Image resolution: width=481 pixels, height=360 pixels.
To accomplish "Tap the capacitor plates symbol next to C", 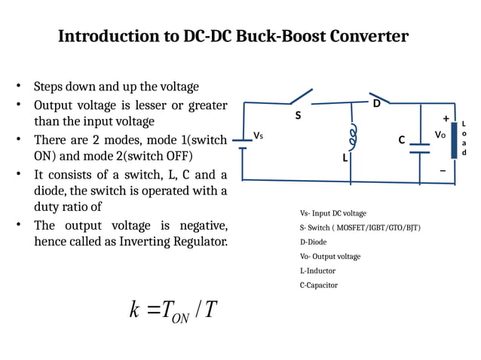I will tap(418, 148).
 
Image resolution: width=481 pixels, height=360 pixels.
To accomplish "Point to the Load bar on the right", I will tap(454, 140).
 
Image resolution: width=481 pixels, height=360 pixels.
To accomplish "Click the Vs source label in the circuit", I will tap(258, 136).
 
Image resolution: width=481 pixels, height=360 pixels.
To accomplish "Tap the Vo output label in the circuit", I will tap(440, 135).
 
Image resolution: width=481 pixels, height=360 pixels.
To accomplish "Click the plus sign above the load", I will tap(446, 118).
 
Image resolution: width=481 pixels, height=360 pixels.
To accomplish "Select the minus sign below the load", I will tap(443, 170).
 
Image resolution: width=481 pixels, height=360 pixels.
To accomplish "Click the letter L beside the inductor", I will tap(345, 159).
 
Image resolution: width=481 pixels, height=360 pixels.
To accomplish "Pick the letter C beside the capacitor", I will tap(402, 140).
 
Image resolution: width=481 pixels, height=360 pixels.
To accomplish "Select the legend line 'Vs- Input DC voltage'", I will tap(332, 214).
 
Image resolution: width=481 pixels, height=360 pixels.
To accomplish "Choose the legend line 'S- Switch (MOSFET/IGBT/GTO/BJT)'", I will tap(360, 227).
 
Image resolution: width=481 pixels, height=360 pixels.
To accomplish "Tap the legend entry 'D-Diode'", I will tap(313, 242).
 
